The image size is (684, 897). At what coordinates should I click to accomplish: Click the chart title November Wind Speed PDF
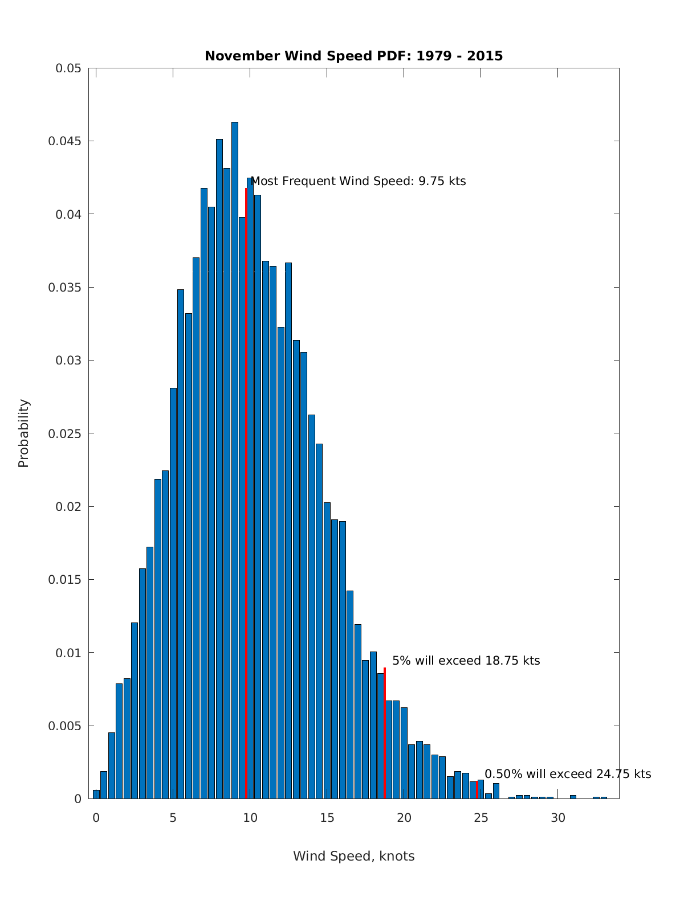(353, 56)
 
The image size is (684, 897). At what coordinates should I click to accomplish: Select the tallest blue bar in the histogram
(235, 456)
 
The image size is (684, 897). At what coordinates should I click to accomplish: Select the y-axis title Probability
(23, 433)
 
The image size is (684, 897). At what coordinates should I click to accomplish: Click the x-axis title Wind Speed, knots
(353, 856)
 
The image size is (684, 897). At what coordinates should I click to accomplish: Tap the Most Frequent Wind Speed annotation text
(358, 181)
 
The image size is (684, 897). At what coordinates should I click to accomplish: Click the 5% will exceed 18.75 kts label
(466, 661)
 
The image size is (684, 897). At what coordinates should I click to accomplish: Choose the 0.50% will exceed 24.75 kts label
(567, 774)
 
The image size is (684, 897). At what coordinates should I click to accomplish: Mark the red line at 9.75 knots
(246, 490)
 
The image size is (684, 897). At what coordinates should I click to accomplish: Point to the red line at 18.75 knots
(385, 735)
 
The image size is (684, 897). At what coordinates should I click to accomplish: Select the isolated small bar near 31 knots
(573, 797)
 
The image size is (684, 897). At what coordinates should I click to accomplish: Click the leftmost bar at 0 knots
(96, 794)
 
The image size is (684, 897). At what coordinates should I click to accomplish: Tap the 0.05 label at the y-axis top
(68, 68)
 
